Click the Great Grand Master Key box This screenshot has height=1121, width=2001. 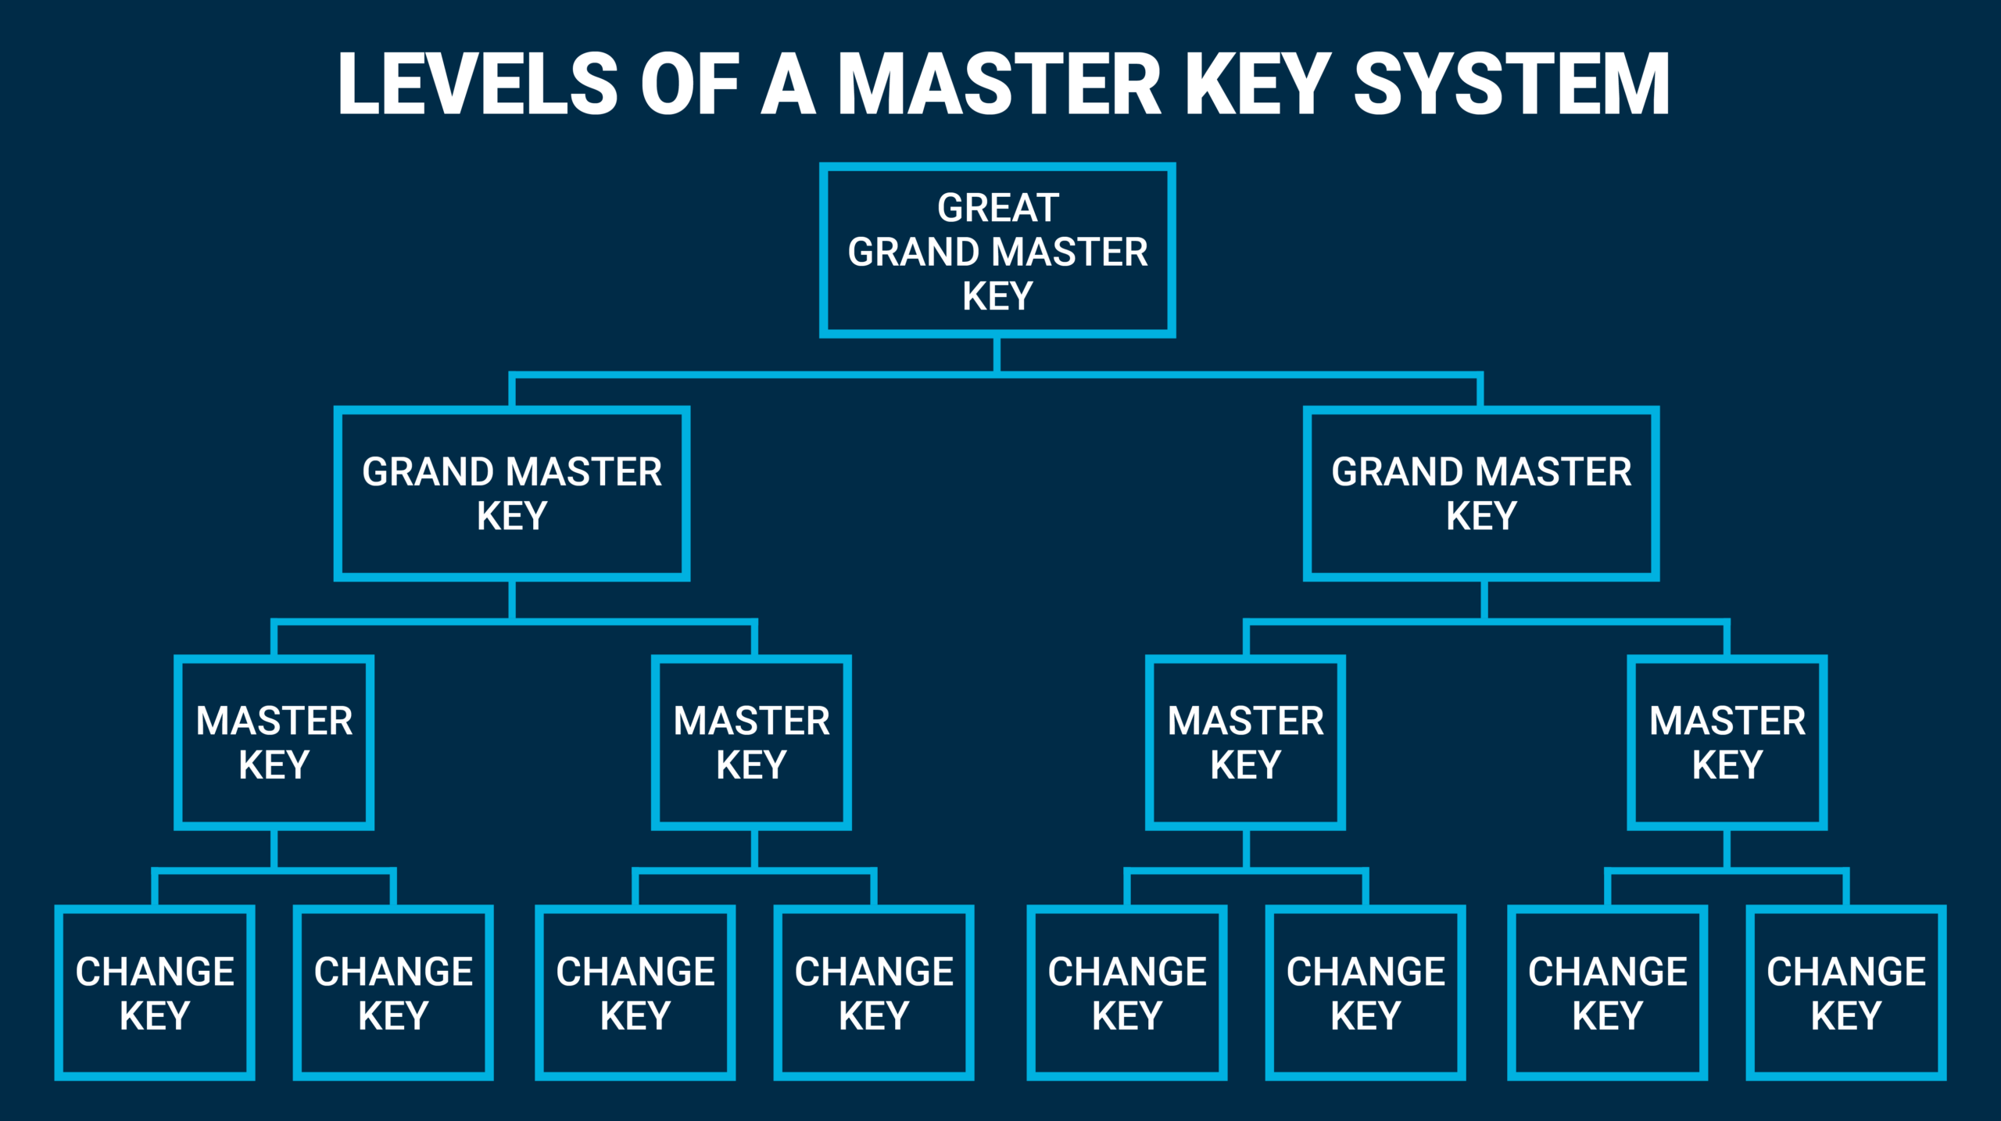[997, 251]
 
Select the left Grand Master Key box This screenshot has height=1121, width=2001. [512, 493]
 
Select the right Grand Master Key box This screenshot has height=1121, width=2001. [1481, 493]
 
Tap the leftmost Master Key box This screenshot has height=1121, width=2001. [274, 742]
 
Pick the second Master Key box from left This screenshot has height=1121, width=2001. [751, 742]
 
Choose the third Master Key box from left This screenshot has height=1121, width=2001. [1245, 742]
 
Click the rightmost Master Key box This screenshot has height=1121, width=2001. [1727, 742]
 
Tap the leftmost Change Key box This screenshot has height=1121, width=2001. [155, 993]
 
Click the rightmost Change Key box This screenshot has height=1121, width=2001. [1845, 993]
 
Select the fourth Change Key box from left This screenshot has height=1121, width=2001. [873, 993]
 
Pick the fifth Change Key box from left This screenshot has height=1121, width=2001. [1126, 993]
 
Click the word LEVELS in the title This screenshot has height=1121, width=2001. [478, 84]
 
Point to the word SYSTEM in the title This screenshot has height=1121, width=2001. [1512, 84]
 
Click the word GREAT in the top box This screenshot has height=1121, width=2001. [998, 208]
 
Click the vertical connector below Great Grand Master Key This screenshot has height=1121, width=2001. [997, 355]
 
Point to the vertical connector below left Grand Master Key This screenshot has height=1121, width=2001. [512, 600]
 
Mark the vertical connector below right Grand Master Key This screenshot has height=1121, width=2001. [1483, 600]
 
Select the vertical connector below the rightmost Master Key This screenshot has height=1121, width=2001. [1726, 848]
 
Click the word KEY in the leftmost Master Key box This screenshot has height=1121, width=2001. [274, 765]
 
